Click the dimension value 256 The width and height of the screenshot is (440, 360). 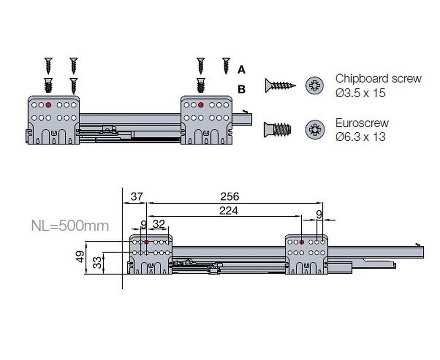coord(230,197)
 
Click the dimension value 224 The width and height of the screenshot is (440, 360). coord(228,211)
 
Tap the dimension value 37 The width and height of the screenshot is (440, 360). coord(137,197)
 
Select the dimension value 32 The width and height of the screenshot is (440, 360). coord(159,224)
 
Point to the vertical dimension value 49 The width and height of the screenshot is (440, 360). coord(80,256)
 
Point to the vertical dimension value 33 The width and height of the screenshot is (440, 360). coord(97,263)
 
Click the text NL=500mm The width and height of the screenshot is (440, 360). coord(70,226)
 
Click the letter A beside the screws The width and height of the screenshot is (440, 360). coord(241,70)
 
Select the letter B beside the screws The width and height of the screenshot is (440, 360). coord(241,90)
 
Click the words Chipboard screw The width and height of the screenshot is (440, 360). coord(378,78)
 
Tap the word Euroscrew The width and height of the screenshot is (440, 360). coord(362,123)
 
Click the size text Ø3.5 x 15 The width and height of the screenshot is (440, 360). coord(360,93)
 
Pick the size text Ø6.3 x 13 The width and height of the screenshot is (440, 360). coord(360,137)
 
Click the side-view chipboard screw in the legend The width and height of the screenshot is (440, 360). coord(280,85)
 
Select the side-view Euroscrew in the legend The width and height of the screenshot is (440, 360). coord(277,130)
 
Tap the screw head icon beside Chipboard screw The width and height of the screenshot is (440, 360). coord(314,85)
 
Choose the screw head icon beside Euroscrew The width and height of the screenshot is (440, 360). coord(314,129)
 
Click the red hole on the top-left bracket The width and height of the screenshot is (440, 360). coord(48,105)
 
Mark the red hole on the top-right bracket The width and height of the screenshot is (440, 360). coord(200,105)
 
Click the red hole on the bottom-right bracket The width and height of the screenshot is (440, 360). coord(302,242)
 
